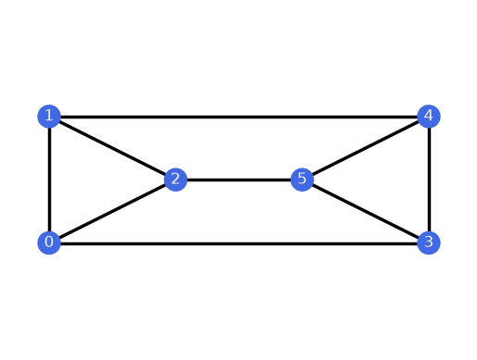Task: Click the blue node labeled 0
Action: click(x=49, y=242)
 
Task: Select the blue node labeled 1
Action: click(x=49, y=117)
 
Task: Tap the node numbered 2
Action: click(x=176, y=180)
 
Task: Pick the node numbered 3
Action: click(x=429, y=242)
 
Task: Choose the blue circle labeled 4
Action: click(x=429, y=117)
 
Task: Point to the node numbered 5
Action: click(x=302, y=180)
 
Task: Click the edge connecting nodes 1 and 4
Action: click(x=239, y=117)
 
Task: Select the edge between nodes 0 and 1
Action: click(x=49, y=180)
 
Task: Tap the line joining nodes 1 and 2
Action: click(x=112, y=148)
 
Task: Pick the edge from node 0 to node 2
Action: click(x=112, y=211)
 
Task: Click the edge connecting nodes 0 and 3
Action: click(x=239, y=243)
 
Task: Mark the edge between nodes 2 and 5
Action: click(x=239, y=180)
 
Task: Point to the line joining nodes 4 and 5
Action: click(x=366, y=148)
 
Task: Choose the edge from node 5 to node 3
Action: click(x=366, y=211)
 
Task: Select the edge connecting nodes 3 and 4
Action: click(x=429, y=180)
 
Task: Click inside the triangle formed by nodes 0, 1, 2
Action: click(x=90, y=180)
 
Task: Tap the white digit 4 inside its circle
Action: click(x=429, y=116)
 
